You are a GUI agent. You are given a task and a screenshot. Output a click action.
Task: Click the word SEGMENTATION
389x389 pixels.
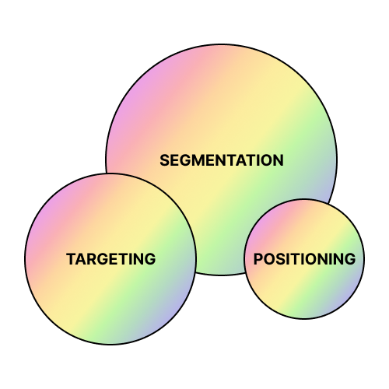[x=222, y=160]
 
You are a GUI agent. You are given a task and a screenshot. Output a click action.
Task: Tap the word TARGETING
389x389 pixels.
[x=111, y=259]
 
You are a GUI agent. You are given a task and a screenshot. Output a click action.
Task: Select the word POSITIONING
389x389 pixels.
[x=304, y=259]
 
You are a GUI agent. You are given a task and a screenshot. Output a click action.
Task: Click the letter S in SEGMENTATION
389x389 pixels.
[x=165, y=160]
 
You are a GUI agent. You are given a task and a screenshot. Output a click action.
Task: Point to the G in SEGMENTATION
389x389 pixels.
[x=187, y=160]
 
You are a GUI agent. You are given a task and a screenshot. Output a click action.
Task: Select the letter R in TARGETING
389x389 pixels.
[x=91, y=259]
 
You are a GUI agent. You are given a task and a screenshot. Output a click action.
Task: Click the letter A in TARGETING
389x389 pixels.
[x=80, y=259]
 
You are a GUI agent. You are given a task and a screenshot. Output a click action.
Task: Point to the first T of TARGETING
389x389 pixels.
[x=71, y=259]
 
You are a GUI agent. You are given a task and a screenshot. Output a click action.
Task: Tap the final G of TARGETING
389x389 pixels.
[x=150, y=259]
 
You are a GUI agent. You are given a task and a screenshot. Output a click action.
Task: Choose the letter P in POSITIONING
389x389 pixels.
[x=258, y=259]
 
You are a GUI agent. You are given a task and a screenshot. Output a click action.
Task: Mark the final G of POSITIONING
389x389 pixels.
[x=350, y=259]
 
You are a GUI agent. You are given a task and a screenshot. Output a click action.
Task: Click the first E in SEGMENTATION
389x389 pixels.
[x=176, y=160]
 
